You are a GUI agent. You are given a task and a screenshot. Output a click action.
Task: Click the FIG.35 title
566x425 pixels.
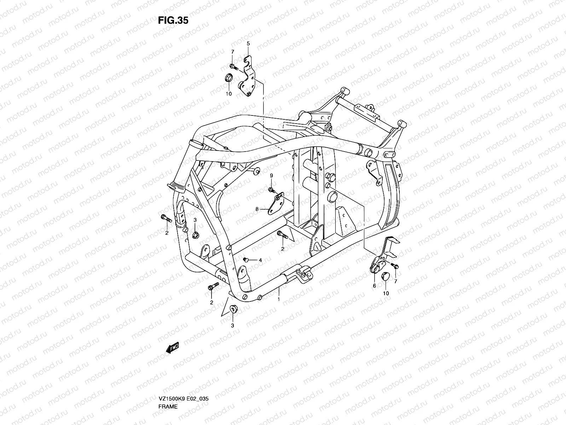173,21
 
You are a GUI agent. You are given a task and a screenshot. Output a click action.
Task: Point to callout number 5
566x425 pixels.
248,43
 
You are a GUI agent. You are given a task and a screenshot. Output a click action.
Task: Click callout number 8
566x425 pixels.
257,209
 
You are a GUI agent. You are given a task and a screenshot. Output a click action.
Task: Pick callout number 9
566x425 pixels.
272,176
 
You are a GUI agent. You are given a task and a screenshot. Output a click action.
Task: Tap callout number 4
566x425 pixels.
260,260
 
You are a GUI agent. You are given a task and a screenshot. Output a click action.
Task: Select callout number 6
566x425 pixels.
374,286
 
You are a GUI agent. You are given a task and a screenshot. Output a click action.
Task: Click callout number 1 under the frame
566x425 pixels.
279,299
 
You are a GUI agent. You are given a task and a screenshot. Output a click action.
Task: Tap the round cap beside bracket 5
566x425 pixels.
229,78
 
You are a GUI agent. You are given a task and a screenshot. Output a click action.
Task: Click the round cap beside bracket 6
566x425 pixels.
386,276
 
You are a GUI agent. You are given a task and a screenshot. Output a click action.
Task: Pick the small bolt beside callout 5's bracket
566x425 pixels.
242,66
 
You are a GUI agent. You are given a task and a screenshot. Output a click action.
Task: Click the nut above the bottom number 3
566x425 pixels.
233,309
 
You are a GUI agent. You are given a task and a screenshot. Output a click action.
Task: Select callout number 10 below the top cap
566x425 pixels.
229,94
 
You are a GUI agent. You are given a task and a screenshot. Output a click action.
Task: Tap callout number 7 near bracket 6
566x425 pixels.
395,281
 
